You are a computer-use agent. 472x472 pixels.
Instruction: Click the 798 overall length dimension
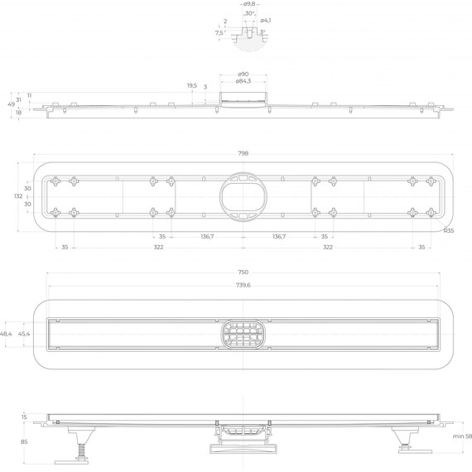243,153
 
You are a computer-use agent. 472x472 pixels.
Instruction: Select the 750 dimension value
243,272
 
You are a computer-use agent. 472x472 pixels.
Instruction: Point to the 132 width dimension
17,196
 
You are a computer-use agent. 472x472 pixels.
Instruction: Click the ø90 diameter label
243,75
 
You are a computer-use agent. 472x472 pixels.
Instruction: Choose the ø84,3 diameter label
243,81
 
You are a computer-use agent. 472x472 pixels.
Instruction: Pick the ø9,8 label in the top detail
248,5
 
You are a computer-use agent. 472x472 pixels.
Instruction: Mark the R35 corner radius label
448,231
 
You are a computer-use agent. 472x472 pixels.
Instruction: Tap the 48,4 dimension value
7,333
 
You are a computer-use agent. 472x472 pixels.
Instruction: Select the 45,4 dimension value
25,333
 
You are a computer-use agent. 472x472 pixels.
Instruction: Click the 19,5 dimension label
191,85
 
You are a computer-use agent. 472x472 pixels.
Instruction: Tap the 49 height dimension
12,104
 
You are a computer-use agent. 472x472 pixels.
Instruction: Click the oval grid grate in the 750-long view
243,335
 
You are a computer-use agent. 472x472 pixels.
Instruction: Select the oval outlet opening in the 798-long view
243,196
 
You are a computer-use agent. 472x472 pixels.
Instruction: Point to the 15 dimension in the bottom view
25,417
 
